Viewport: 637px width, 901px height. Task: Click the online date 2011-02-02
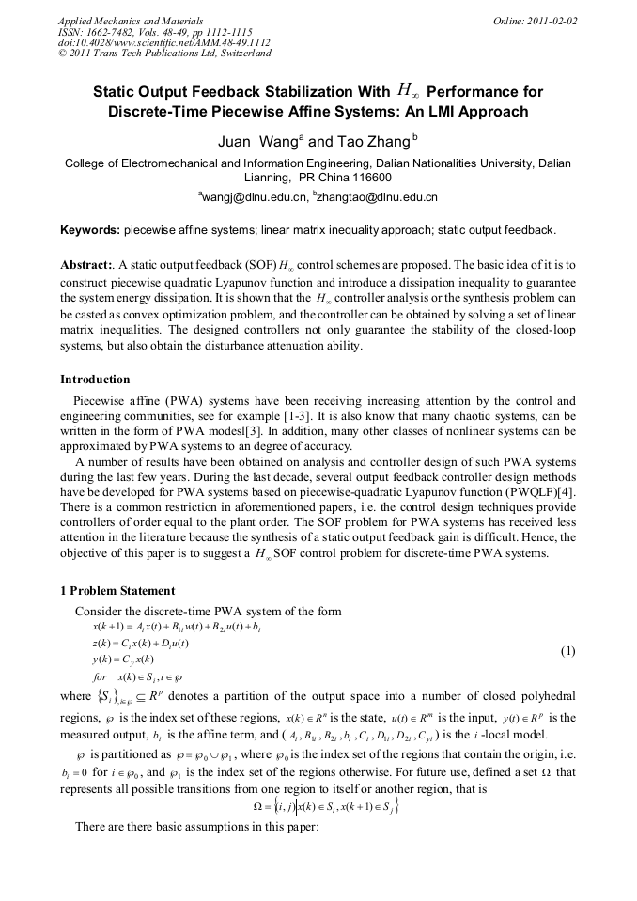point(542,20)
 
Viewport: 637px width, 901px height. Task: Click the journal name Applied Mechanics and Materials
point(130,20)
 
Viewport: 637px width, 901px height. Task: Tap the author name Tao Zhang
point(373,142)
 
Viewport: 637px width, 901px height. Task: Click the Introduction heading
point(95,380)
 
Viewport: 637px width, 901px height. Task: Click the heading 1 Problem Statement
point(117,591)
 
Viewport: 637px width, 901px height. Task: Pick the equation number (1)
point(567,651)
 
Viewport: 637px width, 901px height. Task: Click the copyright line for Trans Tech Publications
point(164,54)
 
